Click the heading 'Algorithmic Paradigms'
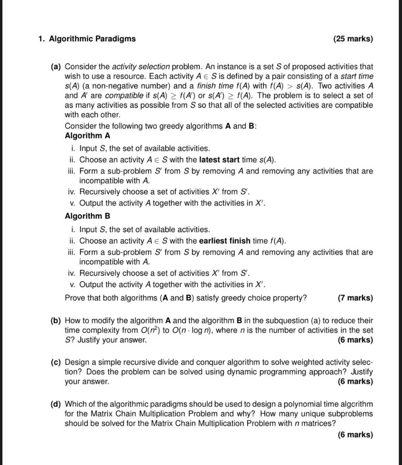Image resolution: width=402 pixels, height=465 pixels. (92, 39)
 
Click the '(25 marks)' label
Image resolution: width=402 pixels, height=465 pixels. (353, 39)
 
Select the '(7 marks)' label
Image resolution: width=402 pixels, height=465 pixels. (355, 298)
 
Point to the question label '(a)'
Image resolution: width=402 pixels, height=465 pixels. (56, 66)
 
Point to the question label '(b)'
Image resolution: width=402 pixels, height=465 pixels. (56, 321)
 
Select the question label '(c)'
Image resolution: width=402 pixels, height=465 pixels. (56, 362)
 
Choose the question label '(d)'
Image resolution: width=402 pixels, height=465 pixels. (56, 404)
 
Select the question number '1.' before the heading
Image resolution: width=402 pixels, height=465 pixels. (41, 39)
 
